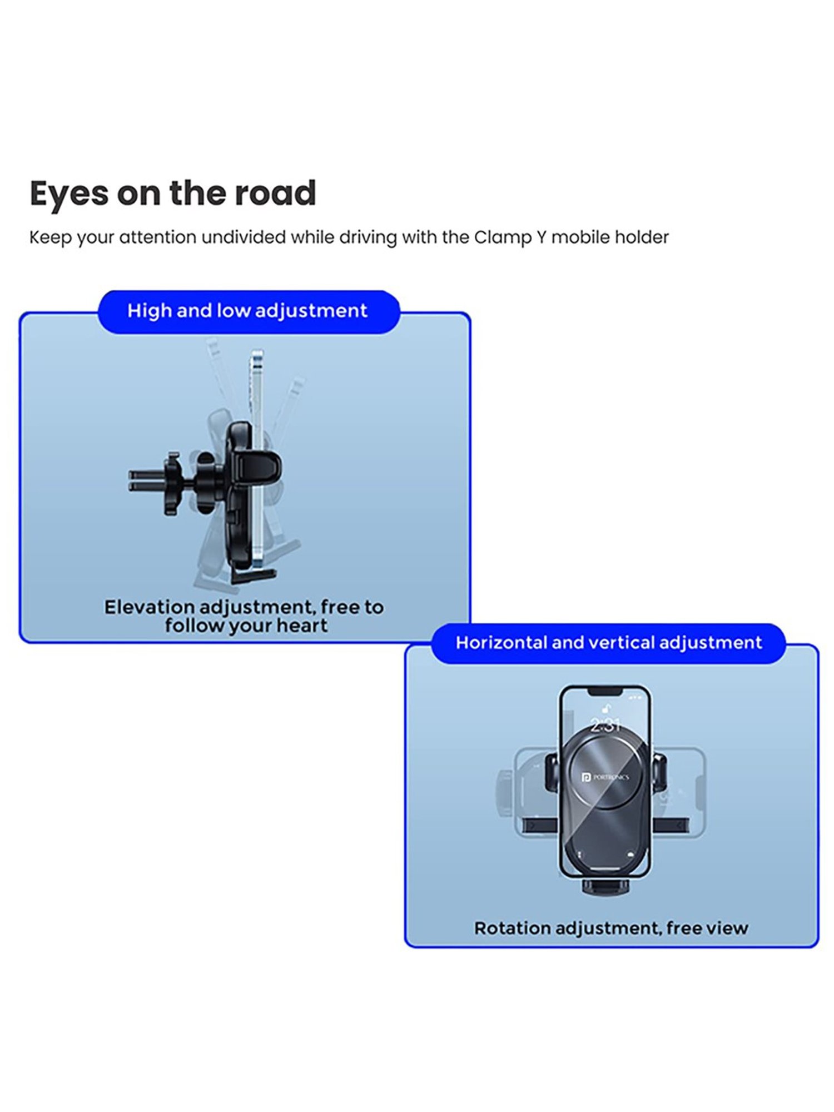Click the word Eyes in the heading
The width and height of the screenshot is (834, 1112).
pyautogui.click(x=69, y=193)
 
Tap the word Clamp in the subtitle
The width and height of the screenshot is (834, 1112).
pyautogui.click(x=502, y=238)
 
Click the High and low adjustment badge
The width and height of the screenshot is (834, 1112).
pyautogui.click(x=249, y=311)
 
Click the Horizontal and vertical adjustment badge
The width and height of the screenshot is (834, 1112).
pyautogui.click(x=608, y=643)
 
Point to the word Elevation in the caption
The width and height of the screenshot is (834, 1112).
pyautogui.click(x=150, y=607)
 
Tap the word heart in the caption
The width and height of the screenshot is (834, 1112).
pyautogui.click(x=302, y=626)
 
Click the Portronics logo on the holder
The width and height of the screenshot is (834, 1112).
pyautogui.click(x=605, y=777)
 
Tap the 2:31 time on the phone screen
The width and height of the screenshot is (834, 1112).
pyautogui.click(x=605, y=724)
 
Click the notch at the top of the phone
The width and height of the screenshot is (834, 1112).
pyautogui.click(x=605, y=691)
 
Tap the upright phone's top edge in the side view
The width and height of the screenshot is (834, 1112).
pyautogui.click(x=256, y=351)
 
